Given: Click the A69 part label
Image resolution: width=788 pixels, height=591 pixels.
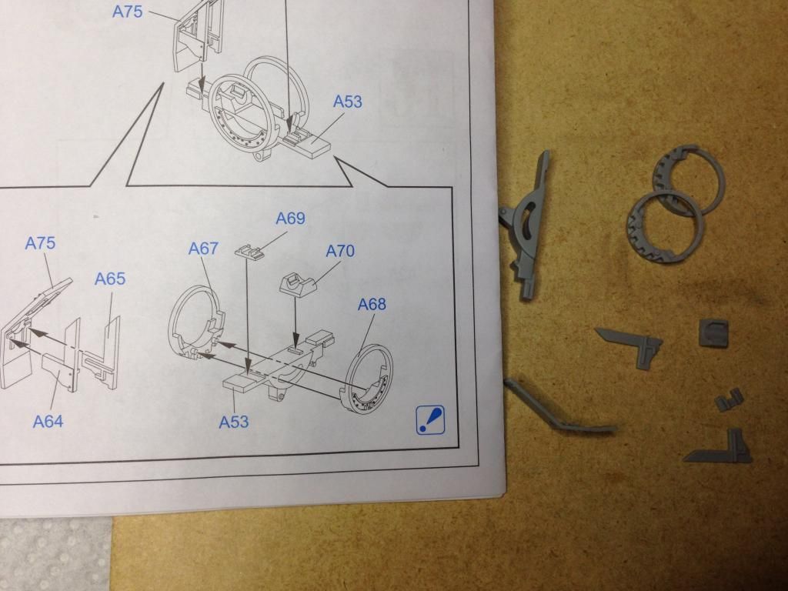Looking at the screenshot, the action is (x=290, y=218).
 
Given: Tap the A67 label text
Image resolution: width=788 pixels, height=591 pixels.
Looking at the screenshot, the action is (x=203, y=249).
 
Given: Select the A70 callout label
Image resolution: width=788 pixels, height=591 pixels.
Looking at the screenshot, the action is (x=340, y=251).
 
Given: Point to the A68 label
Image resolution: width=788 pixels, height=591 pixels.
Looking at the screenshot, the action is (x=372, y=304).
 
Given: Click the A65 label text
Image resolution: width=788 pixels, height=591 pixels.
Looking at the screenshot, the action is (x=110, y=279).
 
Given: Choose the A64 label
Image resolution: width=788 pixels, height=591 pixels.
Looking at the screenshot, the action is (x=48, y=421).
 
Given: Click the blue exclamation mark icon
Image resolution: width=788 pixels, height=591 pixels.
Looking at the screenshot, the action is (x=431, y=419).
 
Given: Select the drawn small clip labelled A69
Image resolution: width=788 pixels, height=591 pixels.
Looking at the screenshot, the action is (x=249, y=250).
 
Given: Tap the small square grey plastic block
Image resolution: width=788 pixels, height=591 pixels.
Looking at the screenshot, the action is (x=713, y=332).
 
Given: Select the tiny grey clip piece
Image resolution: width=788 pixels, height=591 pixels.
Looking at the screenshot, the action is (x=730, y=399).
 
